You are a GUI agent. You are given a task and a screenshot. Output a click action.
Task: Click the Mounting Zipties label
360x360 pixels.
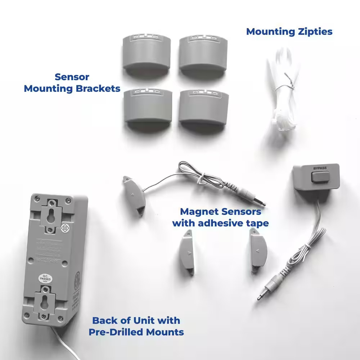(x=289, y=32)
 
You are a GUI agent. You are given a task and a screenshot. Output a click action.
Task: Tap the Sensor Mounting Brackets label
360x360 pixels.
(x=72, y=83)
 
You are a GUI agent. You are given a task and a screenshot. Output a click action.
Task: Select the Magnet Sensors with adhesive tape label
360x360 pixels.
(x=220, y=217)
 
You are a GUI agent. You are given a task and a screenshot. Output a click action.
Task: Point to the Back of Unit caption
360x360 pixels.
(x=136, y=326)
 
